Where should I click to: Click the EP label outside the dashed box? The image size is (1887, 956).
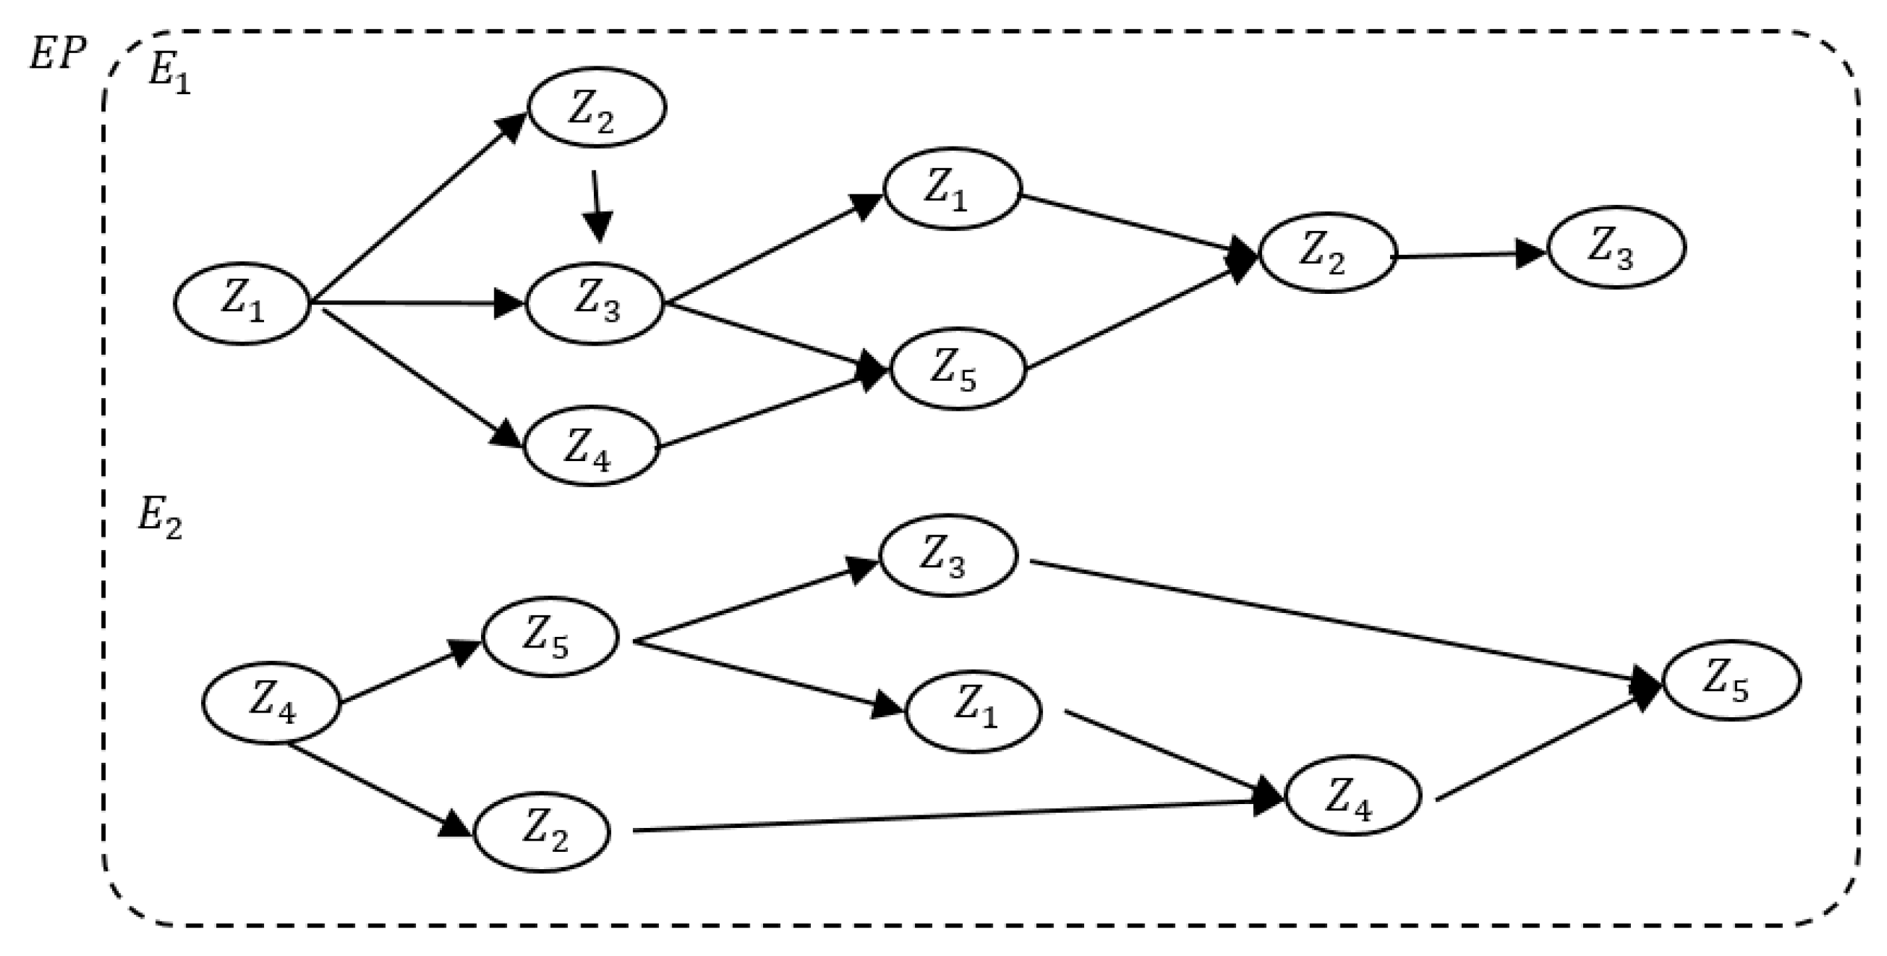(57, 54)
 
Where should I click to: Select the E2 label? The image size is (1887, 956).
(160, 521)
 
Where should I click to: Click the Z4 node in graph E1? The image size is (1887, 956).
(591, 446)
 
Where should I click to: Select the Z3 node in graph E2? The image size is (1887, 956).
(948, 555)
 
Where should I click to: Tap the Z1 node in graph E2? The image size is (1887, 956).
(973, 711)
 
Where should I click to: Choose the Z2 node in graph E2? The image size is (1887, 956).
(542, 831)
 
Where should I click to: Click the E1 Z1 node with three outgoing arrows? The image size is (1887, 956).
(242, 303)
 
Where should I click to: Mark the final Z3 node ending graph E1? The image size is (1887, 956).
(1616, 247)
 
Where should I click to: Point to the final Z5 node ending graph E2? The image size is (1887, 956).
(1731, 681)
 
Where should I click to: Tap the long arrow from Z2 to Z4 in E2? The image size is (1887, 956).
(952, 816)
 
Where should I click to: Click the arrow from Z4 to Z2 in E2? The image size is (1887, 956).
(378, 788)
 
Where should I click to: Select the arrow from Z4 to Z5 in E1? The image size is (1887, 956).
(769, 409)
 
